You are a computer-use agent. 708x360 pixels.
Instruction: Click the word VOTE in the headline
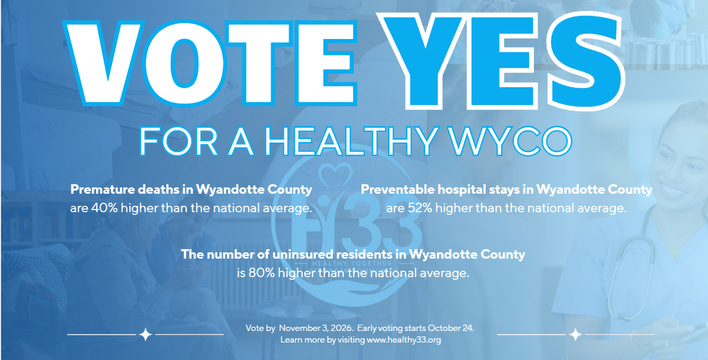pos(210,63)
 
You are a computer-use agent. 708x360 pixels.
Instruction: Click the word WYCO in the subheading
pos(511,141)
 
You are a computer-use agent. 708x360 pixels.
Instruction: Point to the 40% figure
pos(104,208)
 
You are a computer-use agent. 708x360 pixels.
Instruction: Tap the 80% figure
pos(262,273)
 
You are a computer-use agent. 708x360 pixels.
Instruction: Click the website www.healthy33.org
pos(404,340)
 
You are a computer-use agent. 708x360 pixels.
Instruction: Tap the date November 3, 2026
pos(316,328)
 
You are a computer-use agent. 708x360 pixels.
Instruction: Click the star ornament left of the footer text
pos(146,334)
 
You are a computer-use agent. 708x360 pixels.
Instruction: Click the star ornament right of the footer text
pos(575,334)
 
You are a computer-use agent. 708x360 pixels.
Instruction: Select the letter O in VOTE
pos(185,63)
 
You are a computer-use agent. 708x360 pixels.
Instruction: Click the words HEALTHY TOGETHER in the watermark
pos(352,263)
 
